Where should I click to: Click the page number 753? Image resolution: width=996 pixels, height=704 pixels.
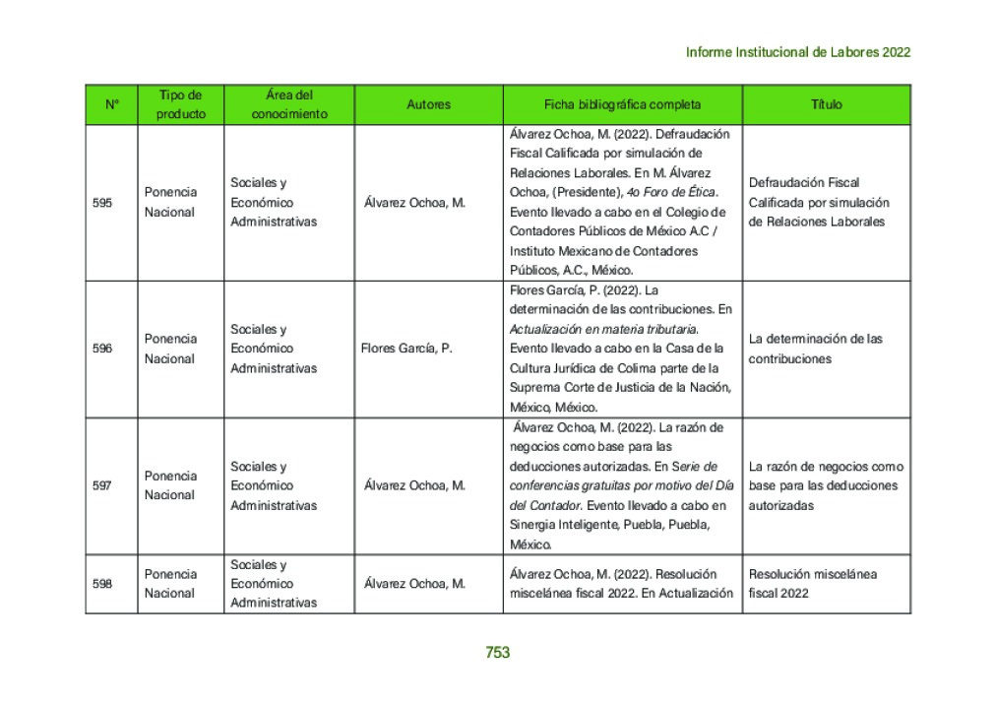[497, 652]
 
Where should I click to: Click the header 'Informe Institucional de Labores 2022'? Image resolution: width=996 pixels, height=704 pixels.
[797, 52]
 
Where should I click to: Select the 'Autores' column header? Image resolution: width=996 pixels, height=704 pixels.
[428, 104]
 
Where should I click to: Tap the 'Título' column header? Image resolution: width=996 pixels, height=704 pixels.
[826, 104]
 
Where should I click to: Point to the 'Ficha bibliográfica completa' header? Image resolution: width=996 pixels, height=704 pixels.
[622, 104]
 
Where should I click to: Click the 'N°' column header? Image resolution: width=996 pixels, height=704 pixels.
[111, 104]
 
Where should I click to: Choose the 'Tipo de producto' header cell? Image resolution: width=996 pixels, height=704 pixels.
[180, 104]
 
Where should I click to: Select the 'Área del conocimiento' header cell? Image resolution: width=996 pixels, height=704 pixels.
[288, 104]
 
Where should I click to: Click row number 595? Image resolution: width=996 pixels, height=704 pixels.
[102, 203]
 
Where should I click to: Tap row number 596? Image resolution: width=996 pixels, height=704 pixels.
[102, 349]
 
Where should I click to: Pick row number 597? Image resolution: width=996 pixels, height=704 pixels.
[102, 485]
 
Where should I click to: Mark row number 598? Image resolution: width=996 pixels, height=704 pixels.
[102, 584]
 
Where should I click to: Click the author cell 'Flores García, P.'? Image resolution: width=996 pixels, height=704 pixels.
[406, 349]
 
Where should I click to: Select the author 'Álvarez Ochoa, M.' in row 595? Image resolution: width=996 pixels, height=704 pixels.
[414, 203]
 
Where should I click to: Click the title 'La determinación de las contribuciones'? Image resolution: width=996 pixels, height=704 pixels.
[815, 349]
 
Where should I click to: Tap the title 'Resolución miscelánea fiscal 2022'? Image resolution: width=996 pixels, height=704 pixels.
[812, 584]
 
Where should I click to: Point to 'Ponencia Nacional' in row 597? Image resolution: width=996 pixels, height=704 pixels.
[170, 485]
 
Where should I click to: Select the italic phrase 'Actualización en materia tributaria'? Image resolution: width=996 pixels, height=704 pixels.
[603, 329]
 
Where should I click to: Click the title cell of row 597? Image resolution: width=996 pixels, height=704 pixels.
[825, 485]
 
